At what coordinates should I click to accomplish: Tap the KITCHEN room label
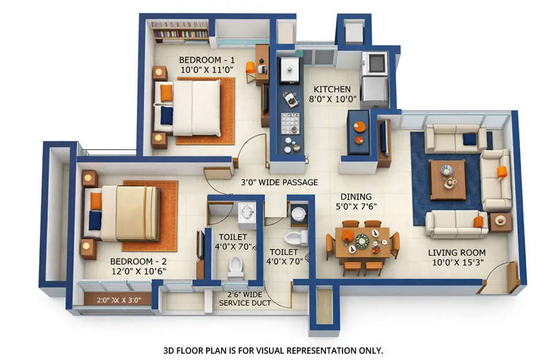coord(332,89)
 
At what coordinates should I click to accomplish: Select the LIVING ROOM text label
coord(457,252)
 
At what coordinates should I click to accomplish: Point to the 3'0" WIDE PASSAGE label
coord(279,183)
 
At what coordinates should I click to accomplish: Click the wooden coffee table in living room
coord(447,179)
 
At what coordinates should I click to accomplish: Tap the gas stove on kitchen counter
coord(290,123)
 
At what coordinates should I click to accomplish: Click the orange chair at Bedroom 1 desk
coord(250,68)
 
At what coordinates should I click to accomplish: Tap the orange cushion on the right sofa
coord(502,172)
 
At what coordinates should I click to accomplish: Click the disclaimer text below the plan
coord(273,350)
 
